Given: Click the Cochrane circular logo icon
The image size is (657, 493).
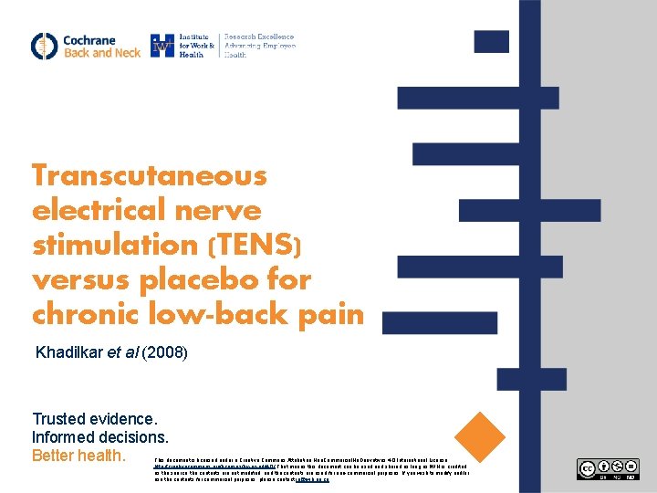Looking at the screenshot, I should click(x=44, y=46).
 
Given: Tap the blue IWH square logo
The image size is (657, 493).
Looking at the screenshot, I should click(x=162, y=46).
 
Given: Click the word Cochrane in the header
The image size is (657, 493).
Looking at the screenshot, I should click(x=89, y=40).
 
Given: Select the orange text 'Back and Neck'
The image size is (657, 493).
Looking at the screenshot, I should click(x=101, y=53).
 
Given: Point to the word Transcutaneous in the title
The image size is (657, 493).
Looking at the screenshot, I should click(x=149, y=174).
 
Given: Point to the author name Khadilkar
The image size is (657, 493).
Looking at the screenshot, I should click(x=71, y=352).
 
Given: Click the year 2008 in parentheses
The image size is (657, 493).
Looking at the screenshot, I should click(x=170, y=352).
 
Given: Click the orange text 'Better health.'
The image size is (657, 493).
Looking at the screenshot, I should click(x=78, y=455).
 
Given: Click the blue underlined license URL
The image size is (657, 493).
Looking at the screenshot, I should click(x=192, y=466).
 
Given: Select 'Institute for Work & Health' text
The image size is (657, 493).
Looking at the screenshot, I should click(x=197, y=46).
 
